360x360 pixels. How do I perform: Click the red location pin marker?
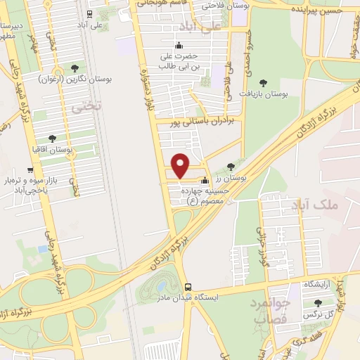pos(181,165)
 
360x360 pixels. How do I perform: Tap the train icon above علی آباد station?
pos(89,13)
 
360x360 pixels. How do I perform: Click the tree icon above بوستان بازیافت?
pos(264,82)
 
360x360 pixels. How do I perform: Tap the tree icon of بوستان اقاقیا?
pos(52,139)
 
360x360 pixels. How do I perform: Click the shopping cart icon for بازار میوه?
pos(30,169)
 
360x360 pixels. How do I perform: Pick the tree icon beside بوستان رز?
pos(231,167)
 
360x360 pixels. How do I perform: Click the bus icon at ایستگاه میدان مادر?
pos(188,287)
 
